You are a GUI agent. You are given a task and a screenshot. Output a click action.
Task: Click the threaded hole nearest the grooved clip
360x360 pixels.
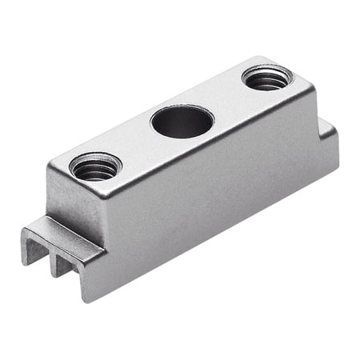[94, 168]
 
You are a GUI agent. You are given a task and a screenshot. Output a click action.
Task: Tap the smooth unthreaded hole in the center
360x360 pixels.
[182, 122]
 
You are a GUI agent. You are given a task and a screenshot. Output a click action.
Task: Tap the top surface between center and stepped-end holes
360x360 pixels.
[224, 101]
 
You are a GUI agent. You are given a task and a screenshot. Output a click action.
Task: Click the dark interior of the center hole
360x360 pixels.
[182, 125]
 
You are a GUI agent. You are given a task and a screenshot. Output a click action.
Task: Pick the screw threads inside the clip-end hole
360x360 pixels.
[94, 171]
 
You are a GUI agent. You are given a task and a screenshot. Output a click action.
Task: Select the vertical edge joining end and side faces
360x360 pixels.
[102, 240]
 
